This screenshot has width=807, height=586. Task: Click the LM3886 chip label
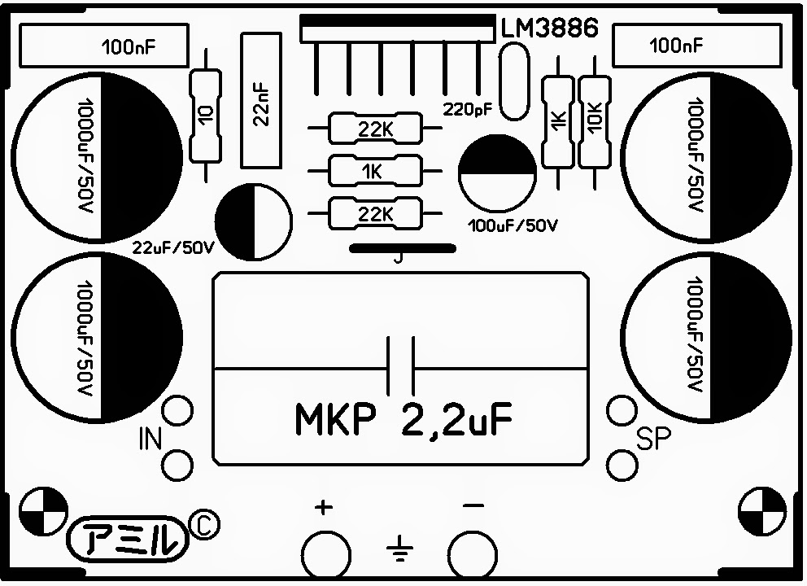pos(549,27)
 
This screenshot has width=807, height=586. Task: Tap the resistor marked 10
pos(205,114)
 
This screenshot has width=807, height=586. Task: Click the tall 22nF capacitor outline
pos(262,101)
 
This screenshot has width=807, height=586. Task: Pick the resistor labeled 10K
pos(594,120)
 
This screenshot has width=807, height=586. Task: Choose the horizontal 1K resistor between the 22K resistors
pos(374,171)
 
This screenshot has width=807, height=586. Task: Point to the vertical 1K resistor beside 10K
pos(558,120)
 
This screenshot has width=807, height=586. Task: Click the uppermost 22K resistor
pos(374,129)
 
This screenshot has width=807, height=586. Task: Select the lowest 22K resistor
pos(374,214)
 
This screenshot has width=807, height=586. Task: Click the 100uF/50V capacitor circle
pos(496,173)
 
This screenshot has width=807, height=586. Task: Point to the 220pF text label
pos(468,108)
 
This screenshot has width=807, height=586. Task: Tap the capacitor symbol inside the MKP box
pos(400,366)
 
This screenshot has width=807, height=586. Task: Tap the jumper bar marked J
pos(399,248)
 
